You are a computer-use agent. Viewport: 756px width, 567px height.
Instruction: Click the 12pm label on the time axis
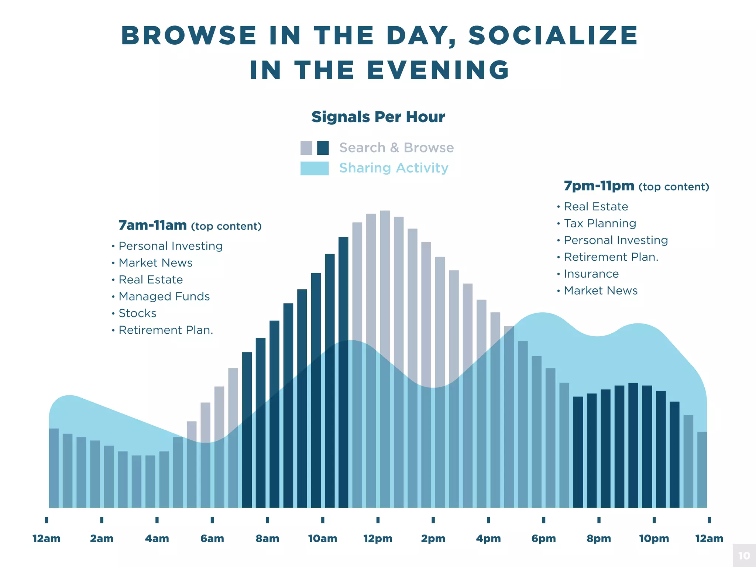pos(378,539)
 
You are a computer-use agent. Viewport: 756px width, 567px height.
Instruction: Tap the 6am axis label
pos(212,539)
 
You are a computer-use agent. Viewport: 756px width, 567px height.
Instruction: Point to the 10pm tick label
pos(654,539)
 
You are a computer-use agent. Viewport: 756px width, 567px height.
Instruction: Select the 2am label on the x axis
pos(102,539)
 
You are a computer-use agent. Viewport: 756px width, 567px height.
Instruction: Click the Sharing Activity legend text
pos(394,168)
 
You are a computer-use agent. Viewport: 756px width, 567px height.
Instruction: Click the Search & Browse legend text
pos(396,148)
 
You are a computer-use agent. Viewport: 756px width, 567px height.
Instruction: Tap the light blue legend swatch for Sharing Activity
pos(314,168)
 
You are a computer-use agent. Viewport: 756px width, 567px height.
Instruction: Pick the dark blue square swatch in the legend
pos(323,148)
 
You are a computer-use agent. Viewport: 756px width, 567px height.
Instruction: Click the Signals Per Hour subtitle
pos(378,117)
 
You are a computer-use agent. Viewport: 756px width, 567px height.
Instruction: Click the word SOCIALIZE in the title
pos(553,36)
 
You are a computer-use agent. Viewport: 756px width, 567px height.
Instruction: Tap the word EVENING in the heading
pos(439,70)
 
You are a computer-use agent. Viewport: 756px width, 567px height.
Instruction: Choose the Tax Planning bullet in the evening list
pos(600,223)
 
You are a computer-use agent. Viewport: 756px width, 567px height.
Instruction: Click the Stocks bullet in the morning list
pos(137,313)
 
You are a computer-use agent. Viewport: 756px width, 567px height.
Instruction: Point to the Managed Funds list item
pos(164,296)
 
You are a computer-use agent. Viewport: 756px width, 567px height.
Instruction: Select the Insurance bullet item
pos(591,274)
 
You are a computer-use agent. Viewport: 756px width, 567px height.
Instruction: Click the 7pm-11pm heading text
pos(599,186)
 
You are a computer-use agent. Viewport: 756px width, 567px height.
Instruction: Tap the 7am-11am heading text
pos(152,225)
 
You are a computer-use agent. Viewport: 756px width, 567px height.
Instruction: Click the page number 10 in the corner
pos(744,556)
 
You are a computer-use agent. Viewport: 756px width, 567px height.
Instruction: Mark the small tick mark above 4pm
pos(488,520)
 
